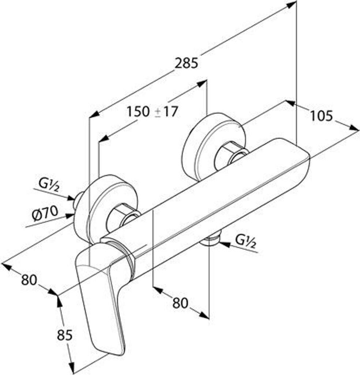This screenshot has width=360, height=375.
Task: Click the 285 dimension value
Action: pos(186,63)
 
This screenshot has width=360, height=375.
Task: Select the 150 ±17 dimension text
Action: pos(151,111)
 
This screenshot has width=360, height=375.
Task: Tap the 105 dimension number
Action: pos(322,116)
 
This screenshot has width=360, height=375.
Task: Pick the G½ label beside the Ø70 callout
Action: pos(48,183)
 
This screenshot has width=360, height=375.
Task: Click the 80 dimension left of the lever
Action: pos(29,280)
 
